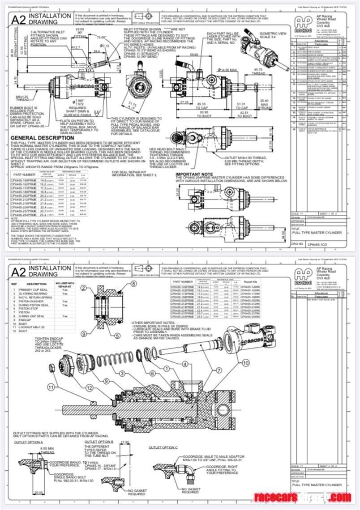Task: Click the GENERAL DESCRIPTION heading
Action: (43, 138)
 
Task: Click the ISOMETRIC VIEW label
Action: (275, 35)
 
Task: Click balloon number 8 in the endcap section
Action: (133, 285)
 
